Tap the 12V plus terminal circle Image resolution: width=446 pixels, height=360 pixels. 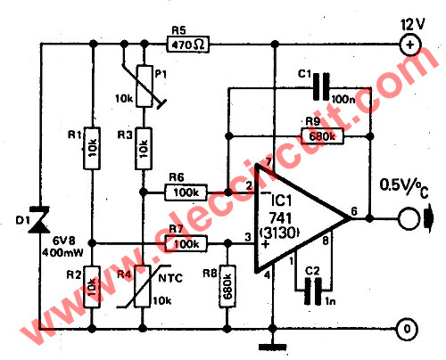[x=409, y=42]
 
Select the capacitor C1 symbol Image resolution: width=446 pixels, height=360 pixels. [x=318, y=88]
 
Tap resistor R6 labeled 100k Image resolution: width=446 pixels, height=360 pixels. [x=186, y=191]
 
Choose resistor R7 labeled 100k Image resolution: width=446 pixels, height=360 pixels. [x=186, y=243]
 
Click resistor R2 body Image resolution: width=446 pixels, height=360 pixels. [x=94, y=290]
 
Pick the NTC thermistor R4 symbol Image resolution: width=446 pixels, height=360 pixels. [x=144, y=290]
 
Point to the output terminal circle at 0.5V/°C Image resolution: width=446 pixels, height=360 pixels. [x=409, y=216]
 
